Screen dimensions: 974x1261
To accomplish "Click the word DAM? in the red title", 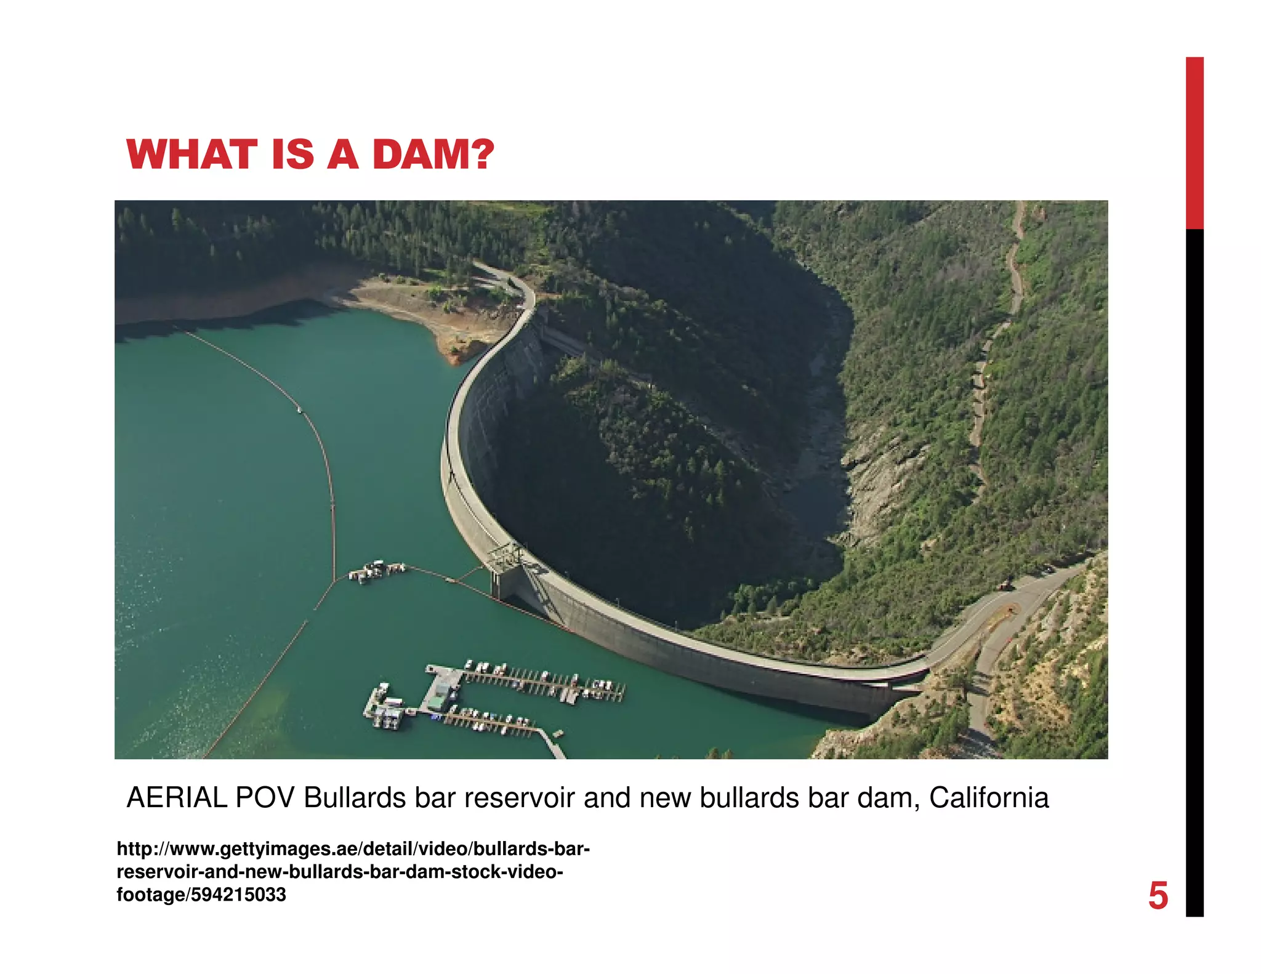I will coord(433,155).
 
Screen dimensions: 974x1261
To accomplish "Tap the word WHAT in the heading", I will coord(191,155).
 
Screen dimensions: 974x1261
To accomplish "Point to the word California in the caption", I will coord(988,798).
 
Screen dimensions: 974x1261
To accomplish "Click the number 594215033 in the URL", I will coord(238,895).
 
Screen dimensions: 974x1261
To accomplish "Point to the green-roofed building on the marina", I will coord(438,700).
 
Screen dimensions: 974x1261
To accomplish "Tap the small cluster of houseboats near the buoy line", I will coord(376,571).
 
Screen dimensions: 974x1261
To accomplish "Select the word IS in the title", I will coord(292,155).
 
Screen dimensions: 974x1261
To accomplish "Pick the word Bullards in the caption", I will coord(355,798).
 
